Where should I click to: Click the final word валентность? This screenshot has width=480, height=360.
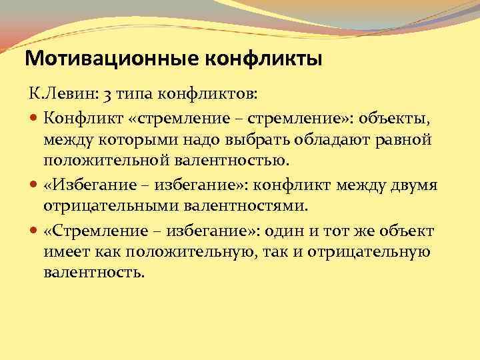93,273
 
